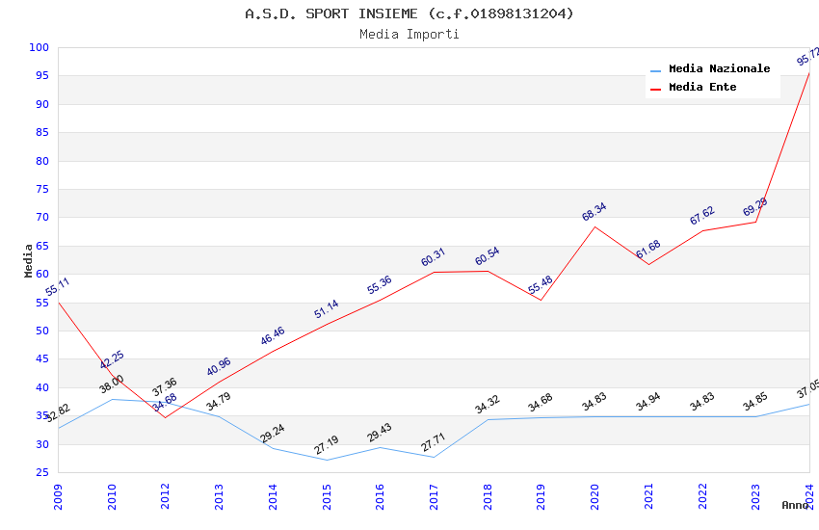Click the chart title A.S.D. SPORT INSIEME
coord(409,13)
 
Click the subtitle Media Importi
coord(409,35)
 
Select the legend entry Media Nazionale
coord(719,69)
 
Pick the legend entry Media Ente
coord(702,88)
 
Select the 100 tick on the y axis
coord(40,48)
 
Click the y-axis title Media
coord(29,260)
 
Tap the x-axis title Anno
coord(795,505)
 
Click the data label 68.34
coord(594,212)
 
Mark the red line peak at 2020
coord(594,227)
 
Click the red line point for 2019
coord(541,300)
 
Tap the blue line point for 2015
coord(327,460)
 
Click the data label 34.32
coord(488,405)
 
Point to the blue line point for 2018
coord(488,419)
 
